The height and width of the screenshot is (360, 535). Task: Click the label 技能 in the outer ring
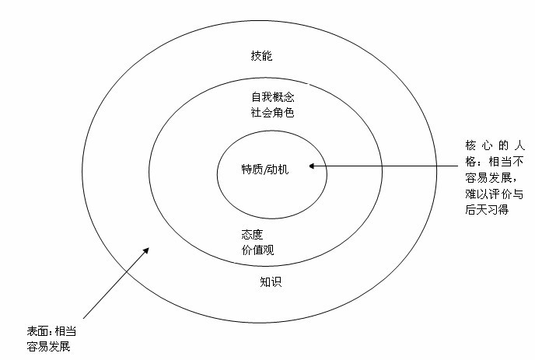tap(261, 56)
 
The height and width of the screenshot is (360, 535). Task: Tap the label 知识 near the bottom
tap(271, 282)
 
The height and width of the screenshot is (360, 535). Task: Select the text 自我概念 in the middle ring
tap(273, 97)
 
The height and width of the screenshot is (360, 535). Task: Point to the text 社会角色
tap(273, 112)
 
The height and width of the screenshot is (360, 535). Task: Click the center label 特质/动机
tap(265, 170)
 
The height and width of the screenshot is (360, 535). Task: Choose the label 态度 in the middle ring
tap(252, 234)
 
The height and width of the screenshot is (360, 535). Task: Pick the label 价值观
tap(257, 250)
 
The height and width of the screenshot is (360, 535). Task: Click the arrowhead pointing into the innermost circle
tap(312, 166)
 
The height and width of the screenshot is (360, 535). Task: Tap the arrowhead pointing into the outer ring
tap(146, 250)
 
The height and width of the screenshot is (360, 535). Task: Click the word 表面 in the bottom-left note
tap(37, 331)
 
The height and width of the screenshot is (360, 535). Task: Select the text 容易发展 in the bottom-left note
tap(48, 346)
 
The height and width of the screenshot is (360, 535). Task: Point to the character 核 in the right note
tap(470, 145)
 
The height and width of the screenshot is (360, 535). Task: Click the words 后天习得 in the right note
tap(487, 209)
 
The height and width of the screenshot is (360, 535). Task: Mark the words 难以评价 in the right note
tap(488, 194)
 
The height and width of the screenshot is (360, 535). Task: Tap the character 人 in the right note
tap(519, 145)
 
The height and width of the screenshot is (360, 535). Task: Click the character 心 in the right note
tap(487, 145)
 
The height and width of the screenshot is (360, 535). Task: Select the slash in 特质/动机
tap(264, 170)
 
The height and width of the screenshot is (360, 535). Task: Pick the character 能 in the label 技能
tap(267, 56)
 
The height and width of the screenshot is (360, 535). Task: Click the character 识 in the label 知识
tap(276, 282)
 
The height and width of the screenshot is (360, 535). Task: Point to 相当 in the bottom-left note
tap(65, 331)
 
